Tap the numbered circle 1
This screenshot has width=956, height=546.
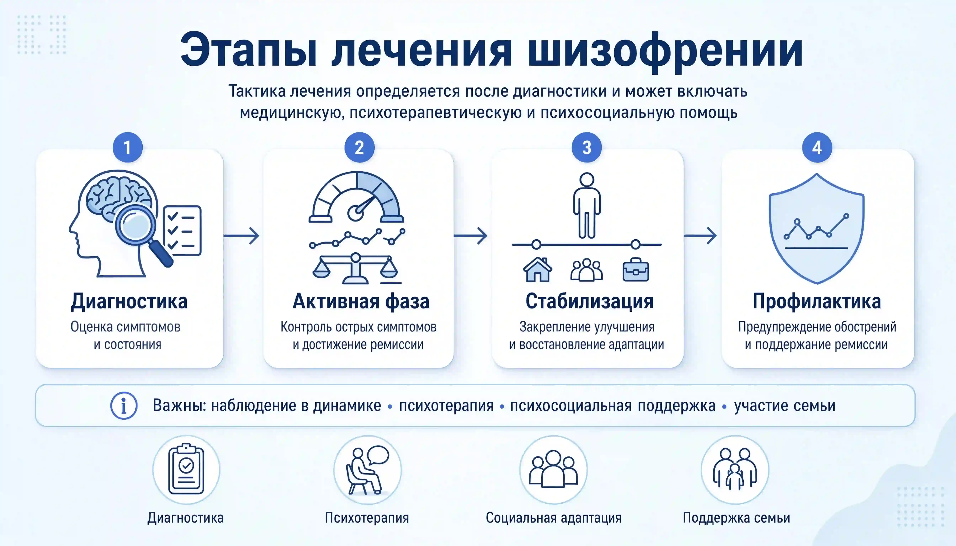pos(128,147)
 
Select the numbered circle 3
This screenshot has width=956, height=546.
pos(587,147)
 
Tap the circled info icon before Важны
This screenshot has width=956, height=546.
pos(124,405)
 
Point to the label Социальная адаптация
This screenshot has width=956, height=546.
pos(553,518)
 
